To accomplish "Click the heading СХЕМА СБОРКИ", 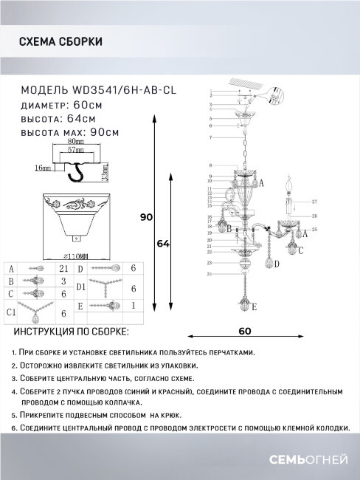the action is coord(60,43).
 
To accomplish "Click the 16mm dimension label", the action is coord(42,168).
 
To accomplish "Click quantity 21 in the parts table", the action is coord(63,268).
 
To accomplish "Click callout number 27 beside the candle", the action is coord(313,201).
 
